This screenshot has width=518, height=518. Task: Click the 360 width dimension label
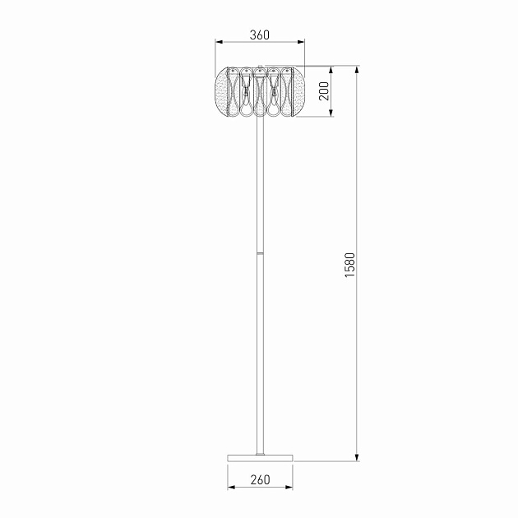tap(259, 35)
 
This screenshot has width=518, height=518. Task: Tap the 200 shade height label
tap(324, 91)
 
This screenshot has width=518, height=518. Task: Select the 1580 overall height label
tap(349, 265)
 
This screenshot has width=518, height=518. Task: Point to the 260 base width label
tap(260, 479)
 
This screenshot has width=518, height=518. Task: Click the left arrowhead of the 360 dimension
tap(219, 42)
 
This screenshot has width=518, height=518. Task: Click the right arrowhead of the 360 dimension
tap(301, 42)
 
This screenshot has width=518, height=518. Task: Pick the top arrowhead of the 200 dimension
tap(331, 70)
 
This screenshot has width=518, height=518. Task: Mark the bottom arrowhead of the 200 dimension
tap(331, 113)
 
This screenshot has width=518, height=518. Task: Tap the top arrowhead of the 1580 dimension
tap(357, 70)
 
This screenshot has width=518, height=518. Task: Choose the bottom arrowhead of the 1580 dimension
tap(357, 457)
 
